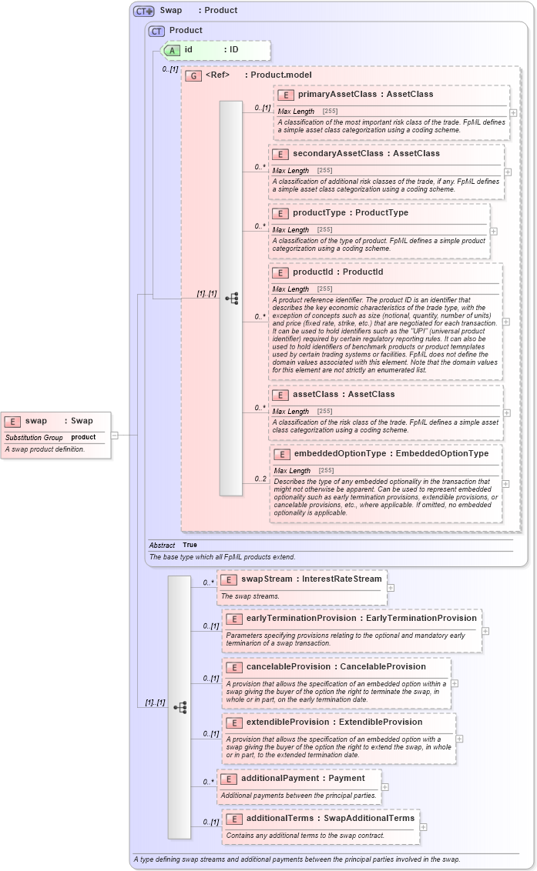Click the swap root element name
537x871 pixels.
[x=36, y=421]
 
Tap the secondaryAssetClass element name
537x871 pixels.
[x=333, y=153]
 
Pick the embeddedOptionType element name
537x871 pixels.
[x=340, y=453]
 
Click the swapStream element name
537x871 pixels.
[x=267, y=579]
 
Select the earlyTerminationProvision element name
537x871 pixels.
[x=302, y=618]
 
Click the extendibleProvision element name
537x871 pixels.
[x=290, y=722]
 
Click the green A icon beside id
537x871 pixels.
[x=173, y=50]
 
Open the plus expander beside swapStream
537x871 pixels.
[x=391, y=587]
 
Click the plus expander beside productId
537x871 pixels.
[x=505, y=322]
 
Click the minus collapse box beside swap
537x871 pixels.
[x=114, y=435]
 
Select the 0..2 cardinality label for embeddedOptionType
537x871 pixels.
[x=260, y=479]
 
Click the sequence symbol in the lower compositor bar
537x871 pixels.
[x=180, y=707]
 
